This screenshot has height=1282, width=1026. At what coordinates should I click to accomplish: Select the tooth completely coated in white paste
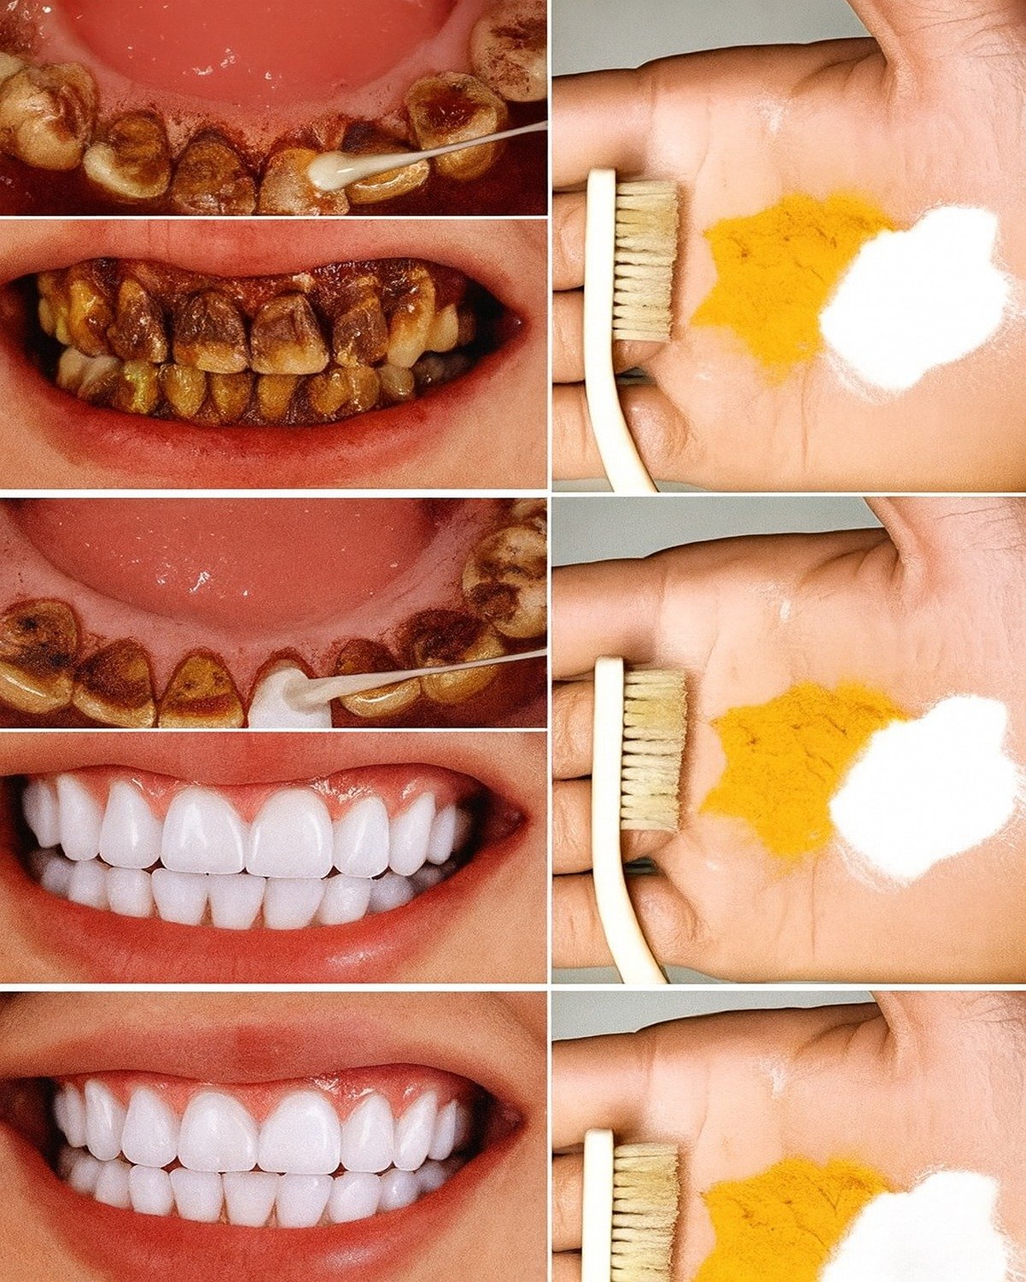[289, 697]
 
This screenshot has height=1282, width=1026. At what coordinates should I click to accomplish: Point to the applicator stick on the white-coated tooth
[427, 670]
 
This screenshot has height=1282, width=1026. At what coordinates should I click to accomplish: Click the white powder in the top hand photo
[915, 299]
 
